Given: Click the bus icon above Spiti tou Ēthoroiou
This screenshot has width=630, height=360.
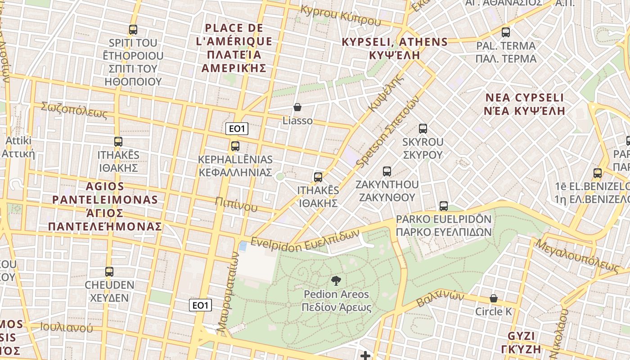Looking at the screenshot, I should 133,30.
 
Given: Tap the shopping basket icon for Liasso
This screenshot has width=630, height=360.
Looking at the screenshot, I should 297,107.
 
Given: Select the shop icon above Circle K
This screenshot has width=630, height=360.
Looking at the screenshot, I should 494,298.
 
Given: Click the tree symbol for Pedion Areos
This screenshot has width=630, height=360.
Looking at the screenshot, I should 336,281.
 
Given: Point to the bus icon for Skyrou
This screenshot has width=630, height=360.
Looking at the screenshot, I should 423,129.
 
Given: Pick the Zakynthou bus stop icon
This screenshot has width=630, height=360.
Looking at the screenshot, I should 387,171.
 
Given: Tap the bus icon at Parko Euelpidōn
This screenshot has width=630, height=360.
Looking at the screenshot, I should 443,206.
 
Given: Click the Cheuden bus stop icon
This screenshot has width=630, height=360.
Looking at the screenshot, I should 109,272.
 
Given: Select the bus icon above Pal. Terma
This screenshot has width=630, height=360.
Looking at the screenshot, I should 506,32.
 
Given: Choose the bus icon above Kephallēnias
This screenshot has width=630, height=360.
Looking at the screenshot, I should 235,146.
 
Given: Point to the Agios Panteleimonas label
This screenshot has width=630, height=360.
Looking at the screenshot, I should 105,206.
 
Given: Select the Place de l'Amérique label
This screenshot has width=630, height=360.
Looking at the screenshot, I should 234,48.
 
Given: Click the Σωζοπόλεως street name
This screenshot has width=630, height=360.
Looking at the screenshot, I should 74,110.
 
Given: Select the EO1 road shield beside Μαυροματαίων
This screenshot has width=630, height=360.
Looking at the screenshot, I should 200,306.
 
